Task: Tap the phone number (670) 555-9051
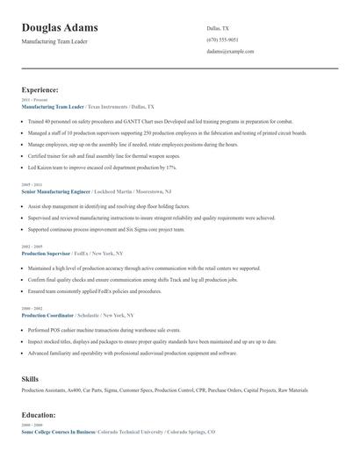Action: tap(221, 40)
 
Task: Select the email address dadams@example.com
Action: tap(230, 52)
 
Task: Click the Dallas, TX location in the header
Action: tap(218, 29)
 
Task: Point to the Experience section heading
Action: tap(40, 90)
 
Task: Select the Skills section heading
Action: tap(30, 378)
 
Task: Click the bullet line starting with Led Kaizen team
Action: tap(102, 167)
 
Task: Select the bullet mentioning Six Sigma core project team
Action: tap(106, 229)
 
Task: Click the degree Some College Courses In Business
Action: tap(58, 433)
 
